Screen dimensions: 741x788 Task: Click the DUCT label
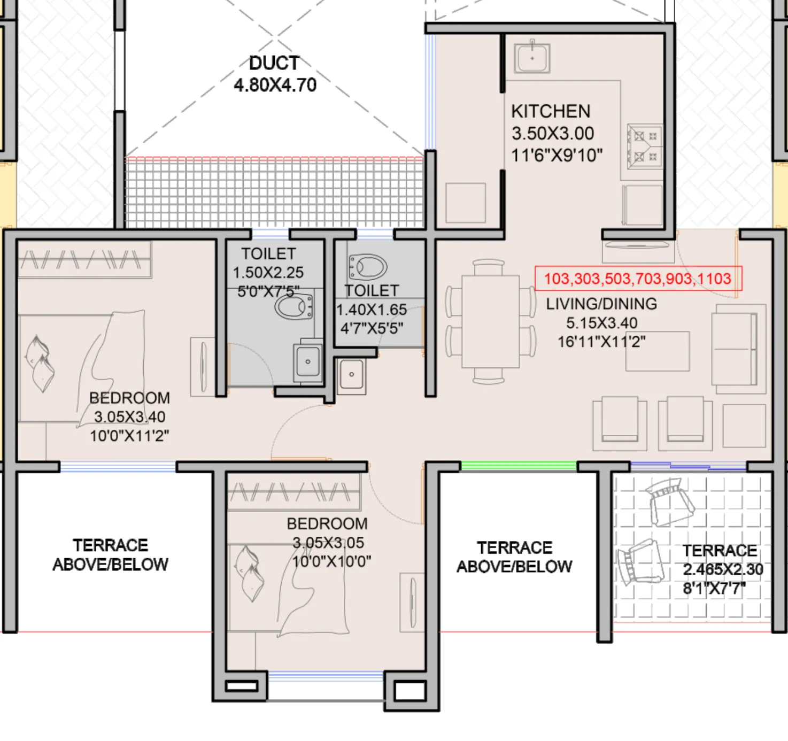[x=274, y=63]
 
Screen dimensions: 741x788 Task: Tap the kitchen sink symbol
[x=532, y=58]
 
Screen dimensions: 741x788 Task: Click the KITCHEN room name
[x=551, y=111]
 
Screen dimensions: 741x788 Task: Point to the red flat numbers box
[x=638, y=279]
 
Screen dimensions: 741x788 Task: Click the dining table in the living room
[x=490, y=321]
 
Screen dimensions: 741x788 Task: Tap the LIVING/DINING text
[x=601, y=304]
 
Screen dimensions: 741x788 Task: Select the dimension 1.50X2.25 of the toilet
[x=268, y=273]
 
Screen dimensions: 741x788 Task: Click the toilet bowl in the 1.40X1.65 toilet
[x=368, y=266]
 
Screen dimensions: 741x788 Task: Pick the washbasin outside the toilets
[x=351, y=374]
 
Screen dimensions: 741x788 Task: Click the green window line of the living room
[x=519, y=466]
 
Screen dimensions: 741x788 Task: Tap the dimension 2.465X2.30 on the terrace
[x=723, y=569]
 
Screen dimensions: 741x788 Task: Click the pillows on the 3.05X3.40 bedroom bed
[x=40, y=364]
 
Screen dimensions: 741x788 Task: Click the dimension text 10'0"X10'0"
[x=331, y=562]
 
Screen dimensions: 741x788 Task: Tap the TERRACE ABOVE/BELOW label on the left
[x=110, y=555]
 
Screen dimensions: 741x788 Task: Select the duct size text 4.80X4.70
[x=275, y=85]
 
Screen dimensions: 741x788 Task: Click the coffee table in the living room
[x=658, y=351]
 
